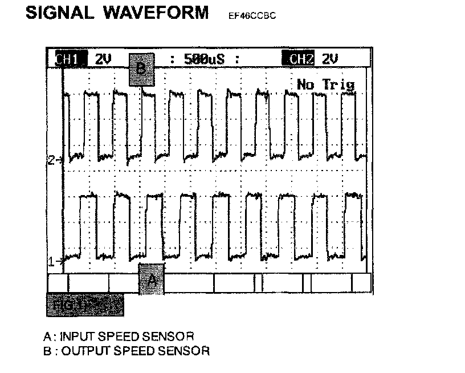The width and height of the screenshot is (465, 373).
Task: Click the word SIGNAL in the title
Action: click(60, 13)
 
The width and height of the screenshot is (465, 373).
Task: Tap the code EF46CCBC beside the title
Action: click(252, 16)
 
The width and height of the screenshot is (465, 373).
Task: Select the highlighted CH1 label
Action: click(71, 59)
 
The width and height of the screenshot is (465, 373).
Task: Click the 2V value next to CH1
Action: click(103, 59)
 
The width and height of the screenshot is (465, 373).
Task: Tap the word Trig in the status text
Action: click(338, 85)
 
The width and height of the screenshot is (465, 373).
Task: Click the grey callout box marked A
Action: click(151, 279)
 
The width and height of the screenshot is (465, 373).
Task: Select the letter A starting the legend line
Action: click(47, 335)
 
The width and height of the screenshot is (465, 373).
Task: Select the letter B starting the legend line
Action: click(47, 350)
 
